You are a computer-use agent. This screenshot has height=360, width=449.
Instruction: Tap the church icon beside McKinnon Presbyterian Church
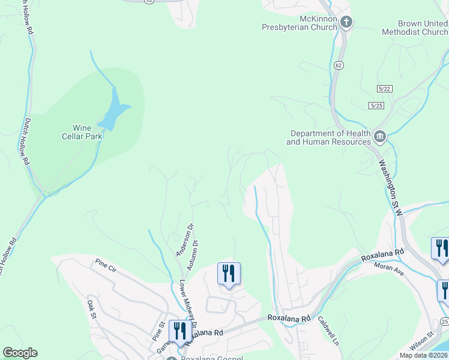[x=346, y=23]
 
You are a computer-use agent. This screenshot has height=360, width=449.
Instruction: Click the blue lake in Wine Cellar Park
[x=113, y=111]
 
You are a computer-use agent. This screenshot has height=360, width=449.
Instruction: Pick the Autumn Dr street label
[x=192, y=255]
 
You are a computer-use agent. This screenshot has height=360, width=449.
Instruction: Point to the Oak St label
[x=92, y=308]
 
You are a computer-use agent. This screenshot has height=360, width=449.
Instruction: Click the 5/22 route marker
[x=385, y=88]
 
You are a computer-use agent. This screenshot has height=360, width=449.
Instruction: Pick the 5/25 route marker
[x=376, y=106]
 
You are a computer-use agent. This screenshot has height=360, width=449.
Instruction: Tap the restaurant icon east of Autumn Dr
[x=228, y=274]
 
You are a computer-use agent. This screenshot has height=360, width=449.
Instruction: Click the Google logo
[x=20, y=353]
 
